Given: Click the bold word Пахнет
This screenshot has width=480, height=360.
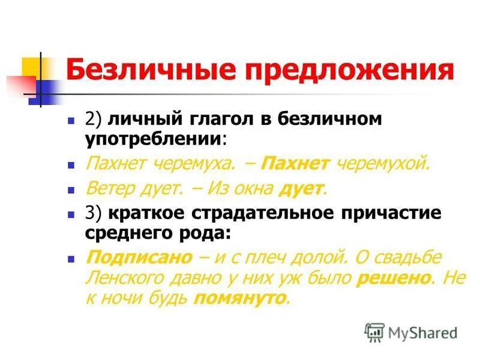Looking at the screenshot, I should pyautogui.click(x=298, y=163).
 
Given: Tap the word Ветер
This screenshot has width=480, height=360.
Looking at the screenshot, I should pyautogui.click(x=109, y=189).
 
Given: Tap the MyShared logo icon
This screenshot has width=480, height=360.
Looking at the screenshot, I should pyautogui.click(x=374, y=332).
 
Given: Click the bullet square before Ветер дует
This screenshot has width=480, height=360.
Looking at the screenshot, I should pyautogui.click(x=71, y=190).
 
